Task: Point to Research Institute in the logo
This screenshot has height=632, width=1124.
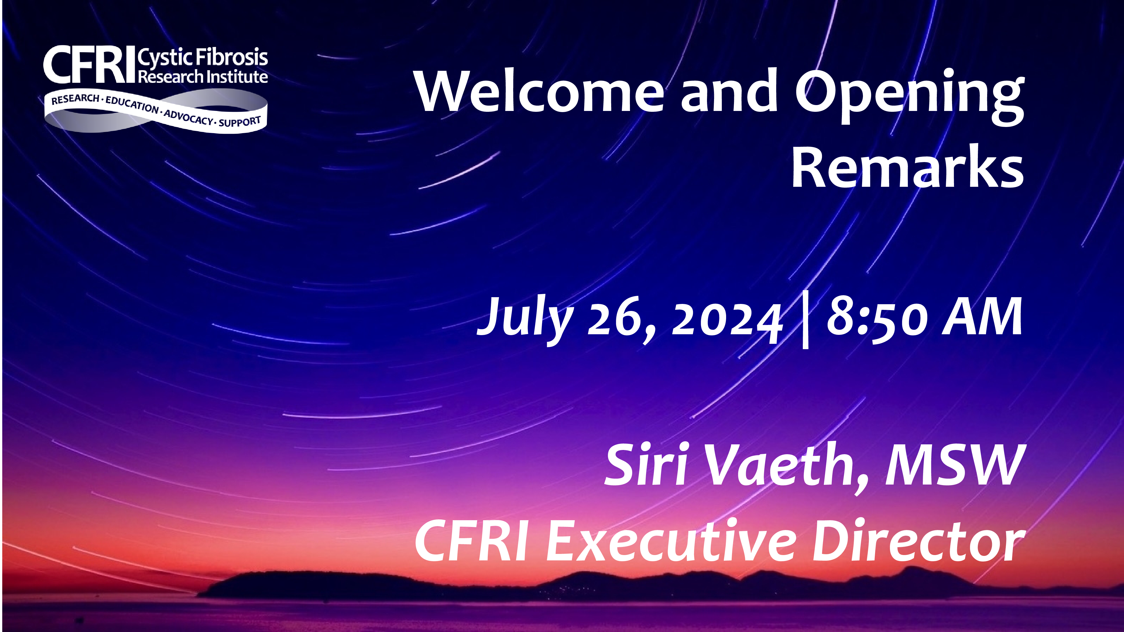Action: click(203, 77)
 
